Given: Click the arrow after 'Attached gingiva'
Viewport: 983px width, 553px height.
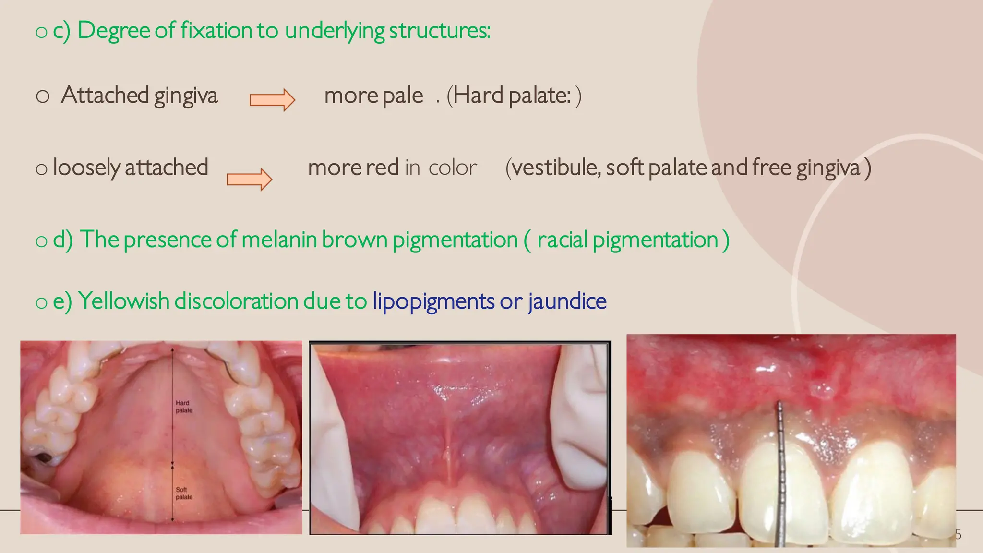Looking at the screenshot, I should click(x=272, y=100).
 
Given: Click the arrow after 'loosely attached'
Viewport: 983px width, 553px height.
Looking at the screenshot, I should click(x=249, y=180).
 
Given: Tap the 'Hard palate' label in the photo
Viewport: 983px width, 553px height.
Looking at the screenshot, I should click(x=183, y=407).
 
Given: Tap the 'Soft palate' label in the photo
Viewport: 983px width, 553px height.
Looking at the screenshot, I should click(x=183, y=493).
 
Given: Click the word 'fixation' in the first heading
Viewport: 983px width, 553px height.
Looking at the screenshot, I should click(x=216, y=30).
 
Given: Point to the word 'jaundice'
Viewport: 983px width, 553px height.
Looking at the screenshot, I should click(x=567, y=301).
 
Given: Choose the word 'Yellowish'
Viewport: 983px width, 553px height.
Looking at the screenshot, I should click(x=123, y=301).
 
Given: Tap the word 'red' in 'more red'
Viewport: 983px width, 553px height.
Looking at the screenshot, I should click(x=382, y=168).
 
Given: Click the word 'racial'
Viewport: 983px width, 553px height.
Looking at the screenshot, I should click(x=562, y=240).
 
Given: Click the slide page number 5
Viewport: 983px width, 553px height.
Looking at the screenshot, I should click(x=958, y=534).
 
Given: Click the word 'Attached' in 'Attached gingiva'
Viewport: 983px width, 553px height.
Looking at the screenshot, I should click(x=105, y=95).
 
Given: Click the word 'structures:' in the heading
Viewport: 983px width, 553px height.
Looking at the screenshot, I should click(x=439, y=30).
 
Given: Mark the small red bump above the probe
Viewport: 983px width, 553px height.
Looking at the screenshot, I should click(x=822, y=391).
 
